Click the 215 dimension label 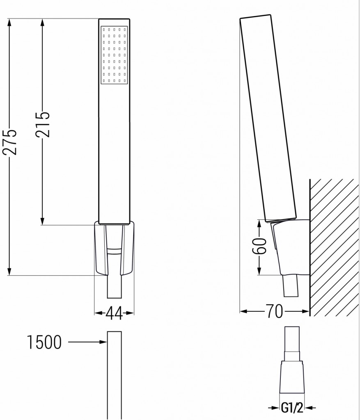pyautogui.click(x=42, y=124)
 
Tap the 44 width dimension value pyautogui.click(x=114, y=314)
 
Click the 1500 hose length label pyautogui.click(x=44, y=342)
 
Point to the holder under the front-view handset pyautogui.click(x=115, y=249)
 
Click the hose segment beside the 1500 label pyautogui.click(x=115, y=369)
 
